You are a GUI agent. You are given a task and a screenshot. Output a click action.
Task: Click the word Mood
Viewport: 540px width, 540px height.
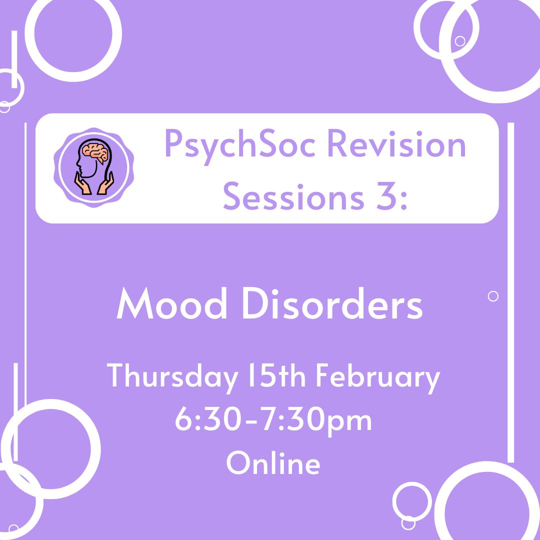point(172,303)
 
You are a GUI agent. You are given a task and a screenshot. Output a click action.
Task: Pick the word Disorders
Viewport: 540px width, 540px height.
point(333,303)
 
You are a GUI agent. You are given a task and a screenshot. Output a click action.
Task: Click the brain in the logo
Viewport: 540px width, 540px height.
point(95,152)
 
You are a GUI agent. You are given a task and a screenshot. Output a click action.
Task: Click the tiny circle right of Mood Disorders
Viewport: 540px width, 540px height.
point(493,296)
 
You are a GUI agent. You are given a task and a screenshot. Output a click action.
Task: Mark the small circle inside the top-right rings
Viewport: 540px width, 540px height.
point(460,41)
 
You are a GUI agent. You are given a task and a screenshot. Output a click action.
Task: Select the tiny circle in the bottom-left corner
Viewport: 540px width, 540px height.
point(14,529)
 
